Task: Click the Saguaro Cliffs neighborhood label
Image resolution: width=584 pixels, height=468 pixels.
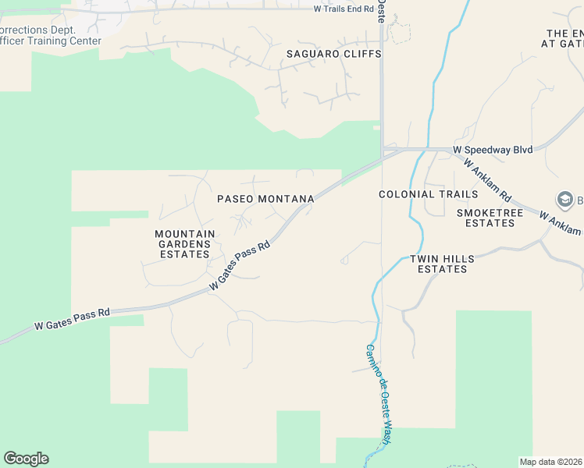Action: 333,54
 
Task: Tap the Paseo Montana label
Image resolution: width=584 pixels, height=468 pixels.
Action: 265,199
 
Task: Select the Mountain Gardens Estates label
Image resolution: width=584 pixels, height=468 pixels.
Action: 184,244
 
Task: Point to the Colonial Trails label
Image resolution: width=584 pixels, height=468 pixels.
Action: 428,194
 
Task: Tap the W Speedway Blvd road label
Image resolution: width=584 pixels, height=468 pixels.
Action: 493,150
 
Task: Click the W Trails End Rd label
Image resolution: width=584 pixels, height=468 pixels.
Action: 350,9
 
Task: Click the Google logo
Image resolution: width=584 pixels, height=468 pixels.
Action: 26,459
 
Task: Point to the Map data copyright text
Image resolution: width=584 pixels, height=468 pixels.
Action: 551,462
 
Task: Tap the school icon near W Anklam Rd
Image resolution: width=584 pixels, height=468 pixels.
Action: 563,199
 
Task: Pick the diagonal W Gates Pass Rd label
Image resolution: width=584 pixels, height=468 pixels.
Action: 240,266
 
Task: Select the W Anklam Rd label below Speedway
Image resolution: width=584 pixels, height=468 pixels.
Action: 487,179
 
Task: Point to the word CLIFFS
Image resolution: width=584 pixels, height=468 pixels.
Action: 360,54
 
